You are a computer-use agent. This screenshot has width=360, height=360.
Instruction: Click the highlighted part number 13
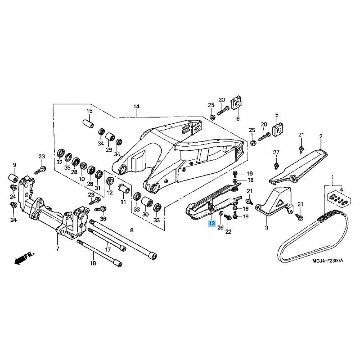(x=211, y=223)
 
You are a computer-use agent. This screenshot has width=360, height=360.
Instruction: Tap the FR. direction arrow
(x=24, y=258)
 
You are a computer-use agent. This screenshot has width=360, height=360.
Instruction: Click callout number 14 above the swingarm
(x=136, y=107)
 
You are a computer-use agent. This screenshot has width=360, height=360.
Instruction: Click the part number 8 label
(x=131, y=230)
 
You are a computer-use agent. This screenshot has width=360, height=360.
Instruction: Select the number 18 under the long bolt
(x=93, y=263)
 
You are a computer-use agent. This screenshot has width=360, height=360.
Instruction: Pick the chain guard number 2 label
(x=321, y=136)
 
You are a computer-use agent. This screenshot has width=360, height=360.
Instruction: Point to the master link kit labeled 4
(x=339, y=198)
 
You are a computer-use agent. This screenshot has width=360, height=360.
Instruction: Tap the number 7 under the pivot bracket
(x=58, y=248)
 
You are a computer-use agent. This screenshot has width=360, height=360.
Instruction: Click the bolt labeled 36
(x=100, y=209)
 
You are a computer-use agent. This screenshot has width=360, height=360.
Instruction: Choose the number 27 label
(x=276, y=152)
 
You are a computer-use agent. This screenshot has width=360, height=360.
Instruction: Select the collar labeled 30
(x=147, y=202)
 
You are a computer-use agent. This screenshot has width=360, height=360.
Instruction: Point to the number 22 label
(x=228, y=232)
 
